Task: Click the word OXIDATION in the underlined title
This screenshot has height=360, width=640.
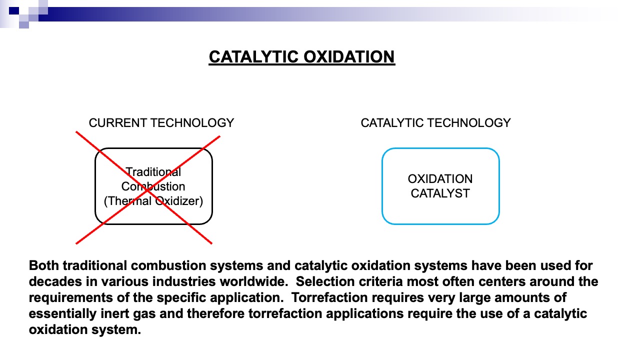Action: click(349, 56)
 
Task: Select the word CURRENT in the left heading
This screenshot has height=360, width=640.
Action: click(118, 123)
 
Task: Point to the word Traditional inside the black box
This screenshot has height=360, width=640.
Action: click(153, 172)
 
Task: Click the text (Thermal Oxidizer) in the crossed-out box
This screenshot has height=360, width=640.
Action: click(153, 201)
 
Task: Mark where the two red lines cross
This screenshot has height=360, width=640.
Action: click(146, 189)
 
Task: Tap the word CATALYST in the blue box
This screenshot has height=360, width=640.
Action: click(440, 193)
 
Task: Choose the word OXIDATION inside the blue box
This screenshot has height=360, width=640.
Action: click(440, 179)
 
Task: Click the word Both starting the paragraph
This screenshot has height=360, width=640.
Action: click(44, 265)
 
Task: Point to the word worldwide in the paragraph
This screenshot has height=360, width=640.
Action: click(253, 281)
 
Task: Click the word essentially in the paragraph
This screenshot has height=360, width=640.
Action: click(63, 314)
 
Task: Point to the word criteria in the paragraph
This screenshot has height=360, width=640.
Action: click(381, 281)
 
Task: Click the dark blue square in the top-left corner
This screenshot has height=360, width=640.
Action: click(14, 11)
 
